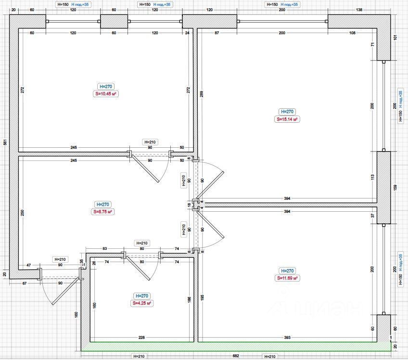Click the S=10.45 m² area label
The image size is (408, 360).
(105, 94)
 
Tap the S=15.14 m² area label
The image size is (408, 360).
(287, 119)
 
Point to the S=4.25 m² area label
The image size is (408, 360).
(142, 303)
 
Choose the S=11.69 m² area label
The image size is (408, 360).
(288, 278)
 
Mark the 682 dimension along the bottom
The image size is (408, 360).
(235, 356)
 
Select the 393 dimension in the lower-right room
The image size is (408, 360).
(287, 338)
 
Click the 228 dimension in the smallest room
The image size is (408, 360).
(141, 338)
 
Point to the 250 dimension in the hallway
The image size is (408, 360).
(23, 212)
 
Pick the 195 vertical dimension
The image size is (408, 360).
(202, 298)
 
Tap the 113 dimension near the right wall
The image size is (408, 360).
(372, 177)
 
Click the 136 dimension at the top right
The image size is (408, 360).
(358, 10)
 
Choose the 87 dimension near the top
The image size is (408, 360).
(217, 33)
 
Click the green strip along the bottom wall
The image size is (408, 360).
(235, 346)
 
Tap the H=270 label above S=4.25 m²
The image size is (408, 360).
(142, 296)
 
